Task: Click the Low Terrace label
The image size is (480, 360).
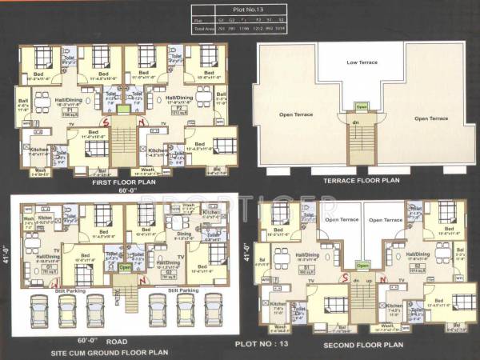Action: [x=362, y=62]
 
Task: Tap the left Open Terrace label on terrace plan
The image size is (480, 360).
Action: [x=296, y=114]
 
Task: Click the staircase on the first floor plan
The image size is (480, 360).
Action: [x=122, y=144]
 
